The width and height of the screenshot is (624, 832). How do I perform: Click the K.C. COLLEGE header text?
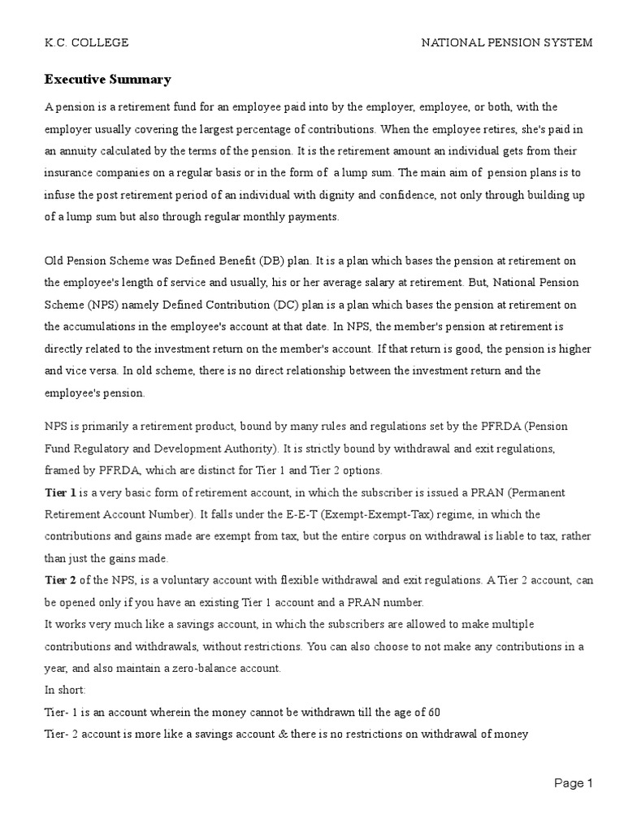coord(86,42)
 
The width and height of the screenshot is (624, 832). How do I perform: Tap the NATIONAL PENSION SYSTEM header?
coord(506,42)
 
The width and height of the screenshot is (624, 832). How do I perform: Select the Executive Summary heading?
coord(107,80)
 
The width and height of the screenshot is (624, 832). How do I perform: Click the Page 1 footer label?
coord(574,783)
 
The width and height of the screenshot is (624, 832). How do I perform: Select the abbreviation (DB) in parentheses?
coord(271,261)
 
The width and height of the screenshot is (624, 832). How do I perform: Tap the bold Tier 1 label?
coord(60,493)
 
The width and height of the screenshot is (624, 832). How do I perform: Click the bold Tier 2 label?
coord(60,580)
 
